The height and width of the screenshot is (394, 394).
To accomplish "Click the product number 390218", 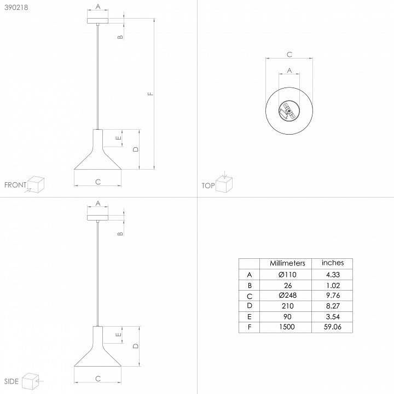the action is pyautogui.click(x=16, y=8).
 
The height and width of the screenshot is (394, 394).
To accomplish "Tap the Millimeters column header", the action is pyautogui.click(x=287, y=263).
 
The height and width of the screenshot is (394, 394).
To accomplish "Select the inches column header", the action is pyautogui.click(x=333, y=263).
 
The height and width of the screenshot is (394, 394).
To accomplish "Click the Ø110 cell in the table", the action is pyautogui.click(x=287, y=274).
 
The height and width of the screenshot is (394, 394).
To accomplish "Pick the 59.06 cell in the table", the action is pyautogui.click(x=333, y=327).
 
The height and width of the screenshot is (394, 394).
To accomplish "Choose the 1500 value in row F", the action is pyautogui.click(x=287, y=327).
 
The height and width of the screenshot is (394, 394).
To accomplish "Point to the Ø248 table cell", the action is pyautogui.click(x=287, y=295).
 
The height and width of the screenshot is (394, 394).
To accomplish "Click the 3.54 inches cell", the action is pyautogui.click(x=333, y=316).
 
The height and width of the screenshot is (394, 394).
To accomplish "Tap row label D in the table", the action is pyautogui.click(x=250, y=305).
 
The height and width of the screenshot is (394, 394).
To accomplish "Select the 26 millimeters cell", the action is pyautogui.click(x=288, y=285).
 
